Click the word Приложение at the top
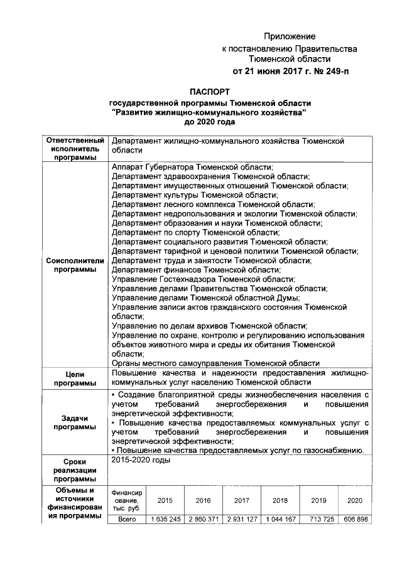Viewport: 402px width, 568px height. [289, 36]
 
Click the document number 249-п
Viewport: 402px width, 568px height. [332, 71]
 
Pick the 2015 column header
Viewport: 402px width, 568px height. [165, 500]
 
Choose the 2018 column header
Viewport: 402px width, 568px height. [280, 500]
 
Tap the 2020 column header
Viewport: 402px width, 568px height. [355, 500]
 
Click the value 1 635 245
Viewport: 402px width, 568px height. [165, 520]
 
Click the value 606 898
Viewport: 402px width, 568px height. [355, 520]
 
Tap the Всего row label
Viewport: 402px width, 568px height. [127, 520]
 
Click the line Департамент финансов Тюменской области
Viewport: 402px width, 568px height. [196, 270]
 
